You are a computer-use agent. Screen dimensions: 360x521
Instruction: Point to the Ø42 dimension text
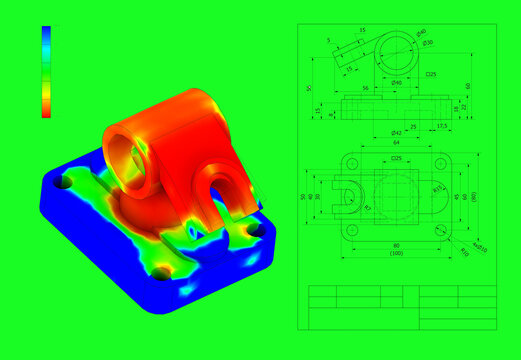(x=396, y=132)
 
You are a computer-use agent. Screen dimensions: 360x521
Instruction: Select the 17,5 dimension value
(x=441, y=126)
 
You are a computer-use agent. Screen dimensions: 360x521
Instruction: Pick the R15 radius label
(x=437, y=189)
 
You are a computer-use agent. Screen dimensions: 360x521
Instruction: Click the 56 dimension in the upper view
(x=365, y=88)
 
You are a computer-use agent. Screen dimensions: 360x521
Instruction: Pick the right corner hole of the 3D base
(x=257, y=230)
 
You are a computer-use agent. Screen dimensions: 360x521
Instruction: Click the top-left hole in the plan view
(x=352, y=161)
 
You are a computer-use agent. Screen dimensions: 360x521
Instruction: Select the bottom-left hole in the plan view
(x=352, y=230)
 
